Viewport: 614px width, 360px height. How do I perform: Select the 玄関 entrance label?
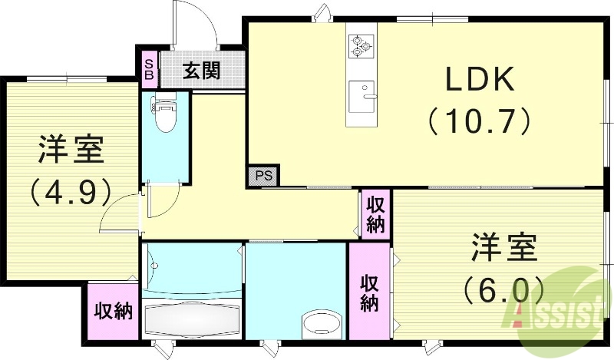[x=202, y=71]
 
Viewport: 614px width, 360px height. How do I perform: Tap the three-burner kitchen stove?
[x=360, y=45]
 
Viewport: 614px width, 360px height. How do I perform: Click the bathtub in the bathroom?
[x=191, y=317]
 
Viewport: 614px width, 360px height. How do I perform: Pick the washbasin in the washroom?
[x=320, y=323]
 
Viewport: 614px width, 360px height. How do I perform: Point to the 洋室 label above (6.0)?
[x=503, y=249]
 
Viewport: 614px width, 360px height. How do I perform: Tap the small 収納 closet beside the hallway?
[x=375, y=215]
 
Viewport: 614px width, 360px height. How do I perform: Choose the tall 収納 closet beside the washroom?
[x=369, y=292]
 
